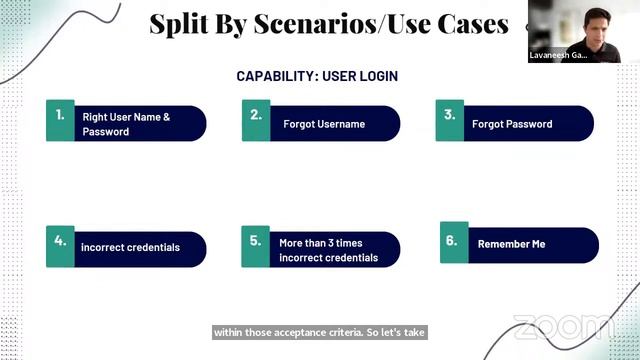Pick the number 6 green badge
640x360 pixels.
pos(453,243)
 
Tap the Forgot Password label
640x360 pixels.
pos(512,125)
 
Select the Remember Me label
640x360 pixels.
pos(512,244)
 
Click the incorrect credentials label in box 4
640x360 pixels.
pos(130,247)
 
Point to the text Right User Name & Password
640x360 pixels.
pos(126,124)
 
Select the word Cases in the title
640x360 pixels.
pos(473,24)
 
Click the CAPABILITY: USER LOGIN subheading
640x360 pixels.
pos(310,76)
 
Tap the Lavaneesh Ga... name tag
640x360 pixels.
pos(559,56)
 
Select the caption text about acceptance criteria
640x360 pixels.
pos(319,331)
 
